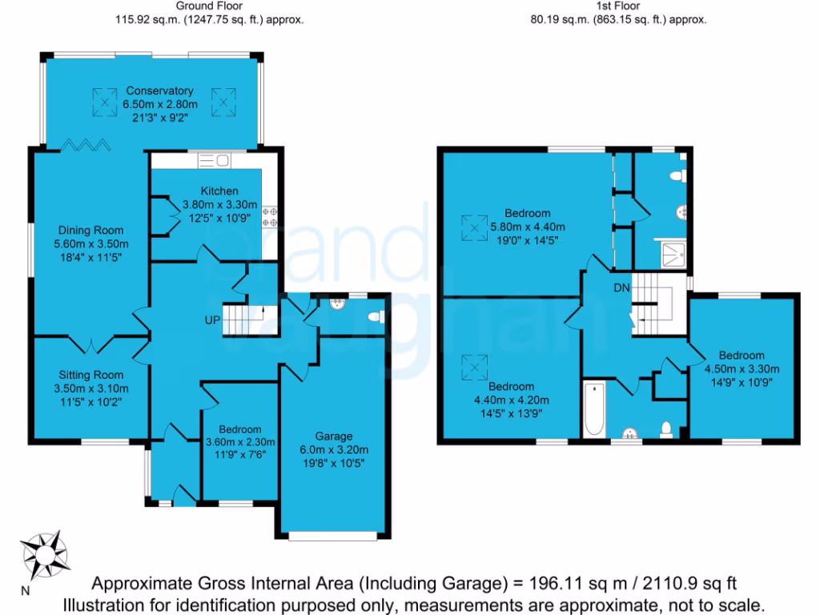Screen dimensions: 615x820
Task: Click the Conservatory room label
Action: tap(158, 90)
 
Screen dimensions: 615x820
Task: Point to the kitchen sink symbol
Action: tap(214, 161)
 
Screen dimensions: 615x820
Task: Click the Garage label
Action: tap(333, 436)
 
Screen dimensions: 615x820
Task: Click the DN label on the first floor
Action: tap(621, 287)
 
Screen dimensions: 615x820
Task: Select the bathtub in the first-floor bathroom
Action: tap(593, 411)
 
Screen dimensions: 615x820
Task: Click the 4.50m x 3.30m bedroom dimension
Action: tap(741, 369)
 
